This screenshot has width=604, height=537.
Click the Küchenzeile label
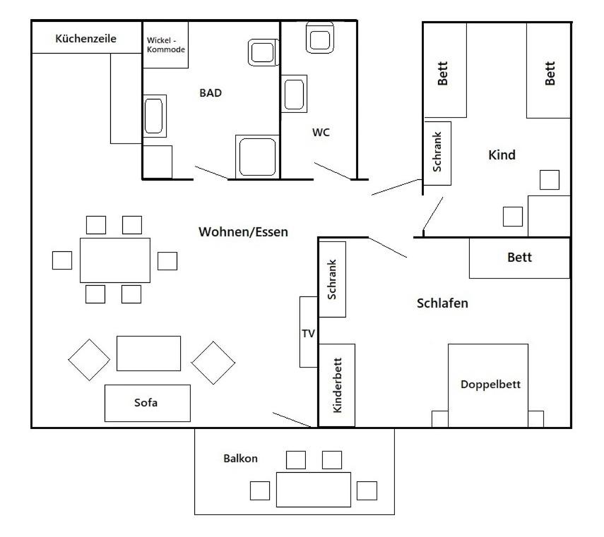(x=86, y=39)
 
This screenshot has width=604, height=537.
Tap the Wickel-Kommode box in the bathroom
(x=165, y=45)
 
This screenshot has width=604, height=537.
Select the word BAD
(x=211, y=92)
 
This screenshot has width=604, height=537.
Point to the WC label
(x=321, y=133)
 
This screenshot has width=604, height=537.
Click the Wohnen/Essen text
(x=243, y=232)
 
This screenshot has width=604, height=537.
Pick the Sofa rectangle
(x=148, y=403)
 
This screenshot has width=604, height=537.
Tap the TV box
(x=309, y=332)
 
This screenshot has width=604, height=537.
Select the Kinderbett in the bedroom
(x=337, y=385)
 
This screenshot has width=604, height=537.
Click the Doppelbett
(x=487, y=385)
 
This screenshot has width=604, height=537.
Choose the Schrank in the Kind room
(x=437, y=153)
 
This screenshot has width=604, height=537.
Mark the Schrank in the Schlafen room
(x=332, y=279)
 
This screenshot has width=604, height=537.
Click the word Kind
(x=502, y=155)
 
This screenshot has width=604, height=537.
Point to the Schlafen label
(x=442, y=303)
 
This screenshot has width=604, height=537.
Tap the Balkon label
(x=240, y=459)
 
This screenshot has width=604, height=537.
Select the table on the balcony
(x=314, y=490)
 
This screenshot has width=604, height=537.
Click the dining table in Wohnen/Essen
(x=114, y=260)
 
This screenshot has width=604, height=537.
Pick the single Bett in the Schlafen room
(x=519, y=258)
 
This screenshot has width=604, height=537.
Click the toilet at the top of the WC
(x=320, y=37)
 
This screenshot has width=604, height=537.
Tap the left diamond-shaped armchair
(x=89, y=360)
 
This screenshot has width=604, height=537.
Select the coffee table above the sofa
(x=148, y=354)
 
